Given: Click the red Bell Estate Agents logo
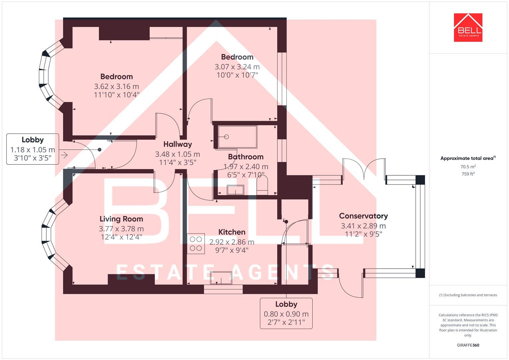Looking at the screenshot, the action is tap(468, 27).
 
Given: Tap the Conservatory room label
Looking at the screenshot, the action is tap(363, 216).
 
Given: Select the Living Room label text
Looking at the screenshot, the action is tap(121, 219).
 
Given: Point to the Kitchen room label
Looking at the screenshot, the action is tap(232, 232).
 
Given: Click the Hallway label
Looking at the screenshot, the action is tap(178, 144).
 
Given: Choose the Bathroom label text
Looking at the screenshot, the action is tap(246, 157).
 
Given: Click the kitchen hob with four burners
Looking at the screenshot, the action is tap(196, 244).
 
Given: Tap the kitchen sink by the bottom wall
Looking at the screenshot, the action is tap(221, 278).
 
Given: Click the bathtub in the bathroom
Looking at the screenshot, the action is tap(237, 137).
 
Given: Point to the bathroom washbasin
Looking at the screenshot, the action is tap(235, 190).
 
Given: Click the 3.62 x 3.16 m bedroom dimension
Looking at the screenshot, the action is tap(117, 86).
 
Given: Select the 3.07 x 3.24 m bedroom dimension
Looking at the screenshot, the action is tap(237, 67).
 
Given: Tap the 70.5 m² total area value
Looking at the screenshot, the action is tap(468, 167).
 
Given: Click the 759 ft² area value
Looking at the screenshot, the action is tap(468, 174).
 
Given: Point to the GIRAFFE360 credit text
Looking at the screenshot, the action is tap(468, 345).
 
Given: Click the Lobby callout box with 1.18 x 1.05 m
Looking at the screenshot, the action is tap(33, 149).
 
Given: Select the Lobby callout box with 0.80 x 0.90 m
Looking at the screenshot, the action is tap(286, 313).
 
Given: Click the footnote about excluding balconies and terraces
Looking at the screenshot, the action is tap(468, 295).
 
